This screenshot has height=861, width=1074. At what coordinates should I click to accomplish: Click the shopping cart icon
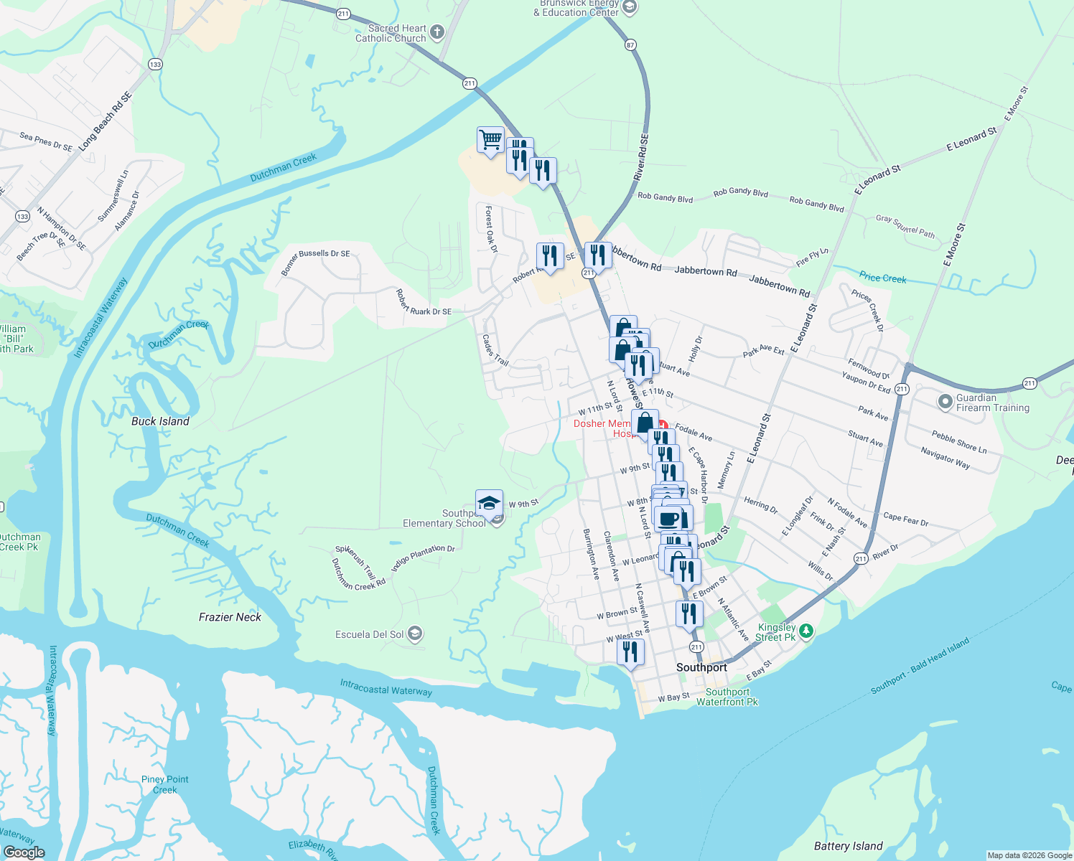[x=490, y=140]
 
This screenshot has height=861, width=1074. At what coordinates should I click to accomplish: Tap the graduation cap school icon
[x=489, y=503]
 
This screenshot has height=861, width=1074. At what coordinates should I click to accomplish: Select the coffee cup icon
[x=668, y=518]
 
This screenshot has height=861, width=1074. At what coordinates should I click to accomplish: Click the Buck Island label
[x=160, y=421]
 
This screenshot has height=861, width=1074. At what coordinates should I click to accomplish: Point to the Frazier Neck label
[x=230, y=617]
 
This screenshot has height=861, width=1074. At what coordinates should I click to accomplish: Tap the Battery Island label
[x=848, y=846]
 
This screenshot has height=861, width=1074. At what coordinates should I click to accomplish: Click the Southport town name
[x=701, y=667]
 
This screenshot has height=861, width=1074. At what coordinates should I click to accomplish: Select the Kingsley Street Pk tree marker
[x=806, y=631]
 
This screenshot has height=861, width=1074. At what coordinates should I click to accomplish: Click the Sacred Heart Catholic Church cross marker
[x=436, y=32]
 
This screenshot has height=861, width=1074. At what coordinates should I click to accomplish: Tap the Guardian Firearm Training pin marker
[x=945, y=402]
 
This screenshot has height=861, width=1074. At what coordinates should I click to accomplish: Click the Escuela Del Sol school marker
[x=414, y=634]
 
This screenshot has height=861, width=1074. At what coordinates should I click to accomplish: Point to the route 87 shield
[x=630, y=44]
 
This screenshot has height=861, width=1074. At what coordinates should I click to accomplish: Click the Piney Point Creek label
[x=165, y=784]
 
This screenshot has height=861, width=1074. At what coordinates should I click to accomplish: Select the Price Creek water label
[x=882, y=278]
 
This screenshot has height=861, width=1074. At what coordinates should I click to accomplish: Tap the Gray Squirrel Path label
[x=905, y=226]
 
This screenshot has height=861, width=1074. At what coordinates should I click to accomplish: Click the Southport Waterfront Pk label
[x=727, y=697]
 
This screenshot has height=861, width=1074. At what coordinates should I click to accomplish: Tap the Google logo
[x=24, y=852]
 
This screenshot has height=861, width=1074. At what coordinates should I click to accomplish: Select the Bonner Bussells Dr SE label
[x=314, y=262]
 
